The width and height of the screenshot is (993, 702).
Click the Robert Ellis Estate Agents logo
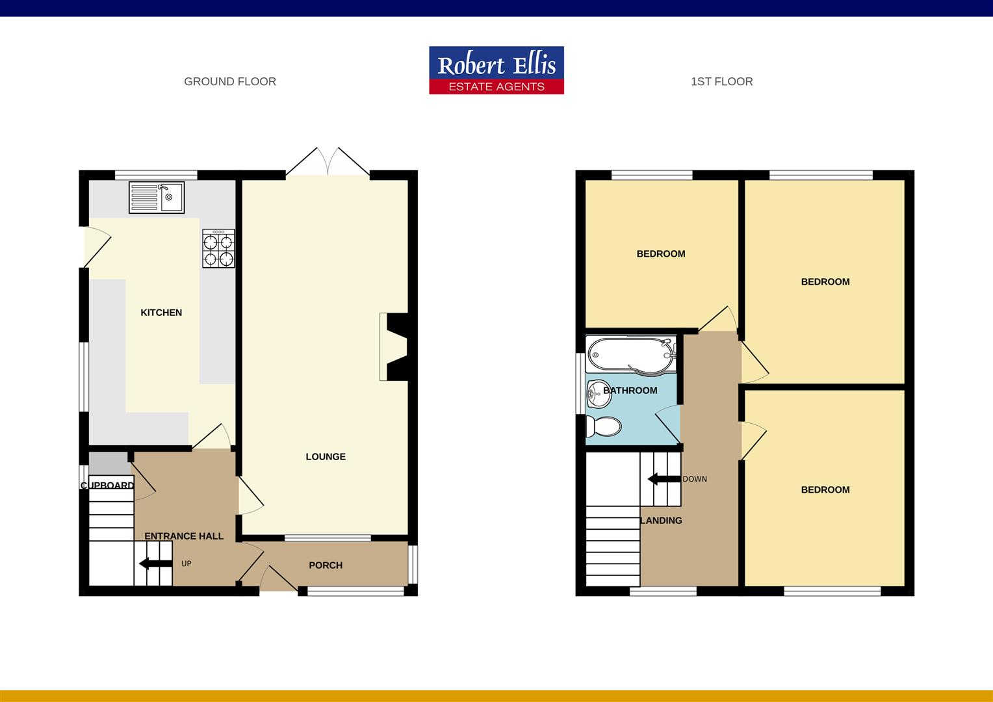pyautogui.click(x=497, y=70)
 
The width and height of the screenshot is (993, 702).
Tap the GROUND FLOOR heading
pyautogui.click(x=230, y=81)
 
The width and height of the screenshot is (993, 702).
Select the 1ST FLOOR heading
pyautogui.click(x=721, y=81)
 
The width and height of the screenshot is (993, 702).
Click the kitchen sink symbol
pyautogui.click(x=157, y=197)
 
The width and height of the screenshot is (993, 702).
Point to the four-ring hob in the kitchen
pyautogui.click(x=218, y=248)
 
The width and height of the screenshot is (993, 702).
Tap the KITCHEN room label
pyautogui.click(x=161, y=313)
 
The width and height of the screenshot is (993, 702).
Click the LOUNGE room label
pyautogui.click(x=326, y=456)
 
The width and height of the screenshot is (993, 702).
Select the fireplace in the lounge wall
pyautogui.click(x=394, y=346)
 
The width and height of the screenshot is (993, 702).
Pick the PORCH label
pyautogui.click(x=326, y=565)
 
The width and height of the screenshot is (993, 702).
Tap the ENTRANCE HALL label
pyautogui.click(x=184, y=536)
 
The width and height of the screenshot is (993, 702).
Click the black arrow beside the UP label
pyautogui.click(x=154, y=563)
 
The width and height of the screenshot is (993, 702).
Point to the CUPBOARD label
pyautogui.click(x=108, y=486)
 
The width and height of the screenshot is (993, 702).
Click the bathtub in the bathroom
pyautogui.click(x=630, y=354)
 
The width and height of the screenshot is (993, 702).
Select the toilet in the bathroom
pyautogui.click(x=603, y=426)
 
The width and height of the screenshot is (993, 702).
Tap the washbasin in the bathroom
pyautogui.click(x=596, y=391)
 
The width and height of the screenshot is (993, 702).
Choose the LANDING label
pyautogui.click(x=662, y=520)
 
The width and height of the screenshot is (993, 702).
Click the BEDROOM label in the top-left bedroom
pyautogui.click(x=660, y=253)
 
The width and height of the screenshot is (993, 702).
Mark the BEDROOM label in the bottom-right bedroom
pyautogui.click(x=825, y=489)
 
